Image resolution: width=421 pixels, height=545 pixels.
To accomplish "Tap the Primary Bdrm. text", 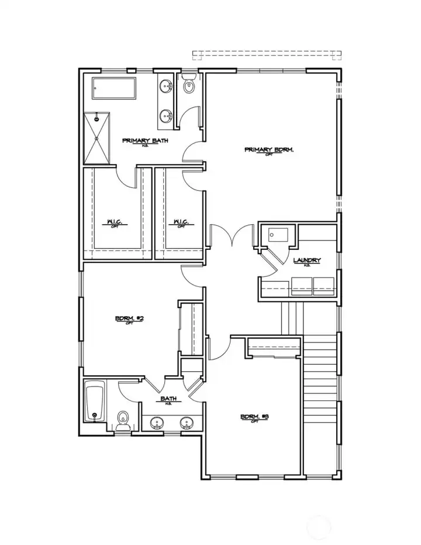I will tap(268, 150).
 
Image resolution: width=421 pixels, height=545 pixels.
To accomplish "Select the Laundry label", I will tap(306, 260).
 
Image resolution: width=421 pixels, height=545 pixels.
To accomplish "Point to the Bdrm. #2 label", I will tap(129, 319).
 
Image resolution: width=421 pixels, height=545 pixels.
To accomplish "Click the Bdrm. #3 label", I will tap(254, 417).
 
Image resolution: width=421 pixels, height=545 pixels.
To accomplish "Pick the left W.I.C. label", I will tap(114, 222).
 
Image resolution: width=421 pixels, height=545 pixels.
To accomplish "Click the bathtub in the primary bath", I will tap(114, 90).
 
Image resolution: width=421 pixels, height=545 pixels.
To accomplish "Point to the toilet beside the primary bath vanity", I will tap(188, 87).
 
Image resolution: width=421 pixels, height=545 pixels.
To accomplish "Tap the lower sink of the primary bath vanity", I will tap(166, 116).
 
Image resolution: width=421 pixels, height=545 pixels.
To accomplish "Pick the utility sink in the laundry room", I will tap(276, 236).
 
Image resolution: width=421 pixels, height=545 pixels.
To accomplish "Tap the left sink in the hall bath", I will tap(157, 423).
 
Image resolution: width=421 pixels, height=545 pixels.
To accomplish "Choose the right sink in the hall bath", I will tap(187, 423).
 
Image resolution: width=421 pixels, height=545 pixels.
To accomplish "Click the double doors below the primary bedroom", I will tap(233, 236).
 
